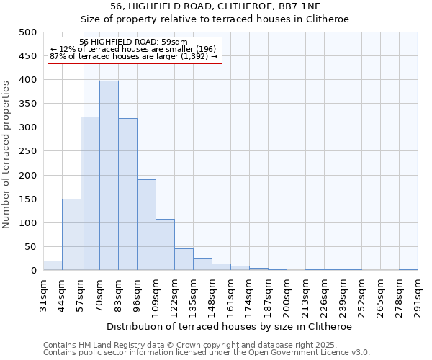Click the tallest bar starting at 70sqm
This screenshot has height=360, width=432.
[x=109, y=176]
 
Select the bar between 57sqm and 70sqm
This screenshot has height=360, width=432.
[x=90, y=194]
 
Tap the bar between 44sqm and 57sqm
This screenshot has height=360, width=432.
[x=71, y=235]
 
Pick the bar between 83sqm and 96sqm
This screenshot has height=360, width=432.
[x=127, y=194]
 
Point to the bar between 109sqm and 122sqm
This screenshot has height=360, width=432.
[x=165, y=245]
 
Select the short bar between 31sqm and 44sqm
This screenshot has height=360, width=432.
[x=53, y=266]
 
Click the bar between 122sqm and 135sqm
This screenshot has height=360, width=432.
[x=184, y=260]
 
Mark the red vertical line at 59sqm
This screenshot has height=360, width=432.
[x=84, y=166]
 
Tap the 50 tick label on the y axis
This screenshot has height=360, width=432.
[x=30, y=247]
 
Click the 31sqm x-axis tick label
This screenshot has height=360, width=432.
[x=44, y=294]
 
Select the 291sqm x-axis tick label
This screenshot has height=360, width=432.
[x=418, y=294]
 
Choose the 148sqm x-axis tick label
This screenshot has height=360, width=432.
[x=212, y=294]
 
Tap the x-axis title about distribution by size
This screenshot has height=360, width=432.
[x=230, y=326]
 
